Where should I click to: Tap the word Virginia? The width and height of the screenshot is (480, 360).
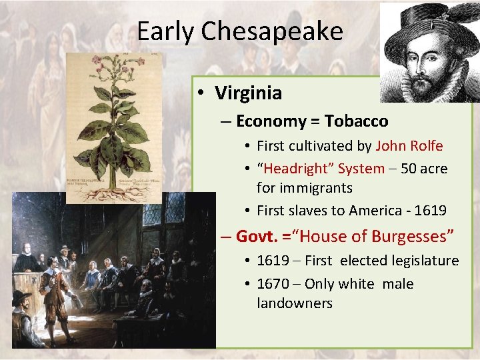[249, 93]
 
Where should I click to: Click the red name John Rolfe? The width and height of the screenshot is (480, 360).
[409, 146]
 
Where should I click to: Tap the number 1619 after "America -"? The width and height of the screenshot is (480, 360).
[431, 211]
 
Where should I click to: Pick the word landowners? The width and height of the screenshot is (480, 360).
[295, 303]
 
